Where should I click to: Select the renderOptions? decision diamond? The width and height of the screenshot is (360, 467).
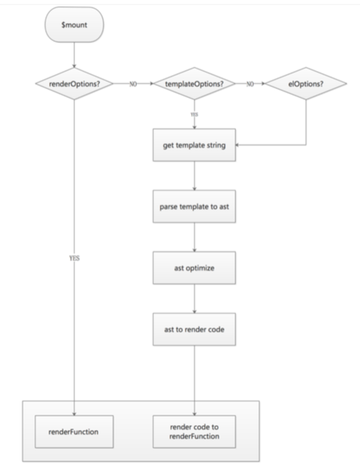74,83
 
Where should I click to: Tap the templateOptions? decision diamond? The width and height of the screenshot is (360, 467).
194,83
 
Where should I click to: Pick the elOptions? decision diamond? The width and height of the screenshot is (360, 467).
305,83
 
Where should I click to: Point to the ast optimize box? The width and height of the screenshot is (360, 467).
194,268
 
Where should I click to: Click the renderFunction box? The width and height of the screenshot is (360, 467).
74,431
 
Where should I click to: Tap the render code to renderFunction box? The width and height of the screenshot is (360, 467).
194,431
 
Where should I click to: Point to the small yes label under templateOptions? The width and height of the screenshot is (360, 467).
194,113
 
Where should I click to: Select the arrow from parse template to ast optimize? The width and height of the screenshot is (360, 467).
194,238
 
